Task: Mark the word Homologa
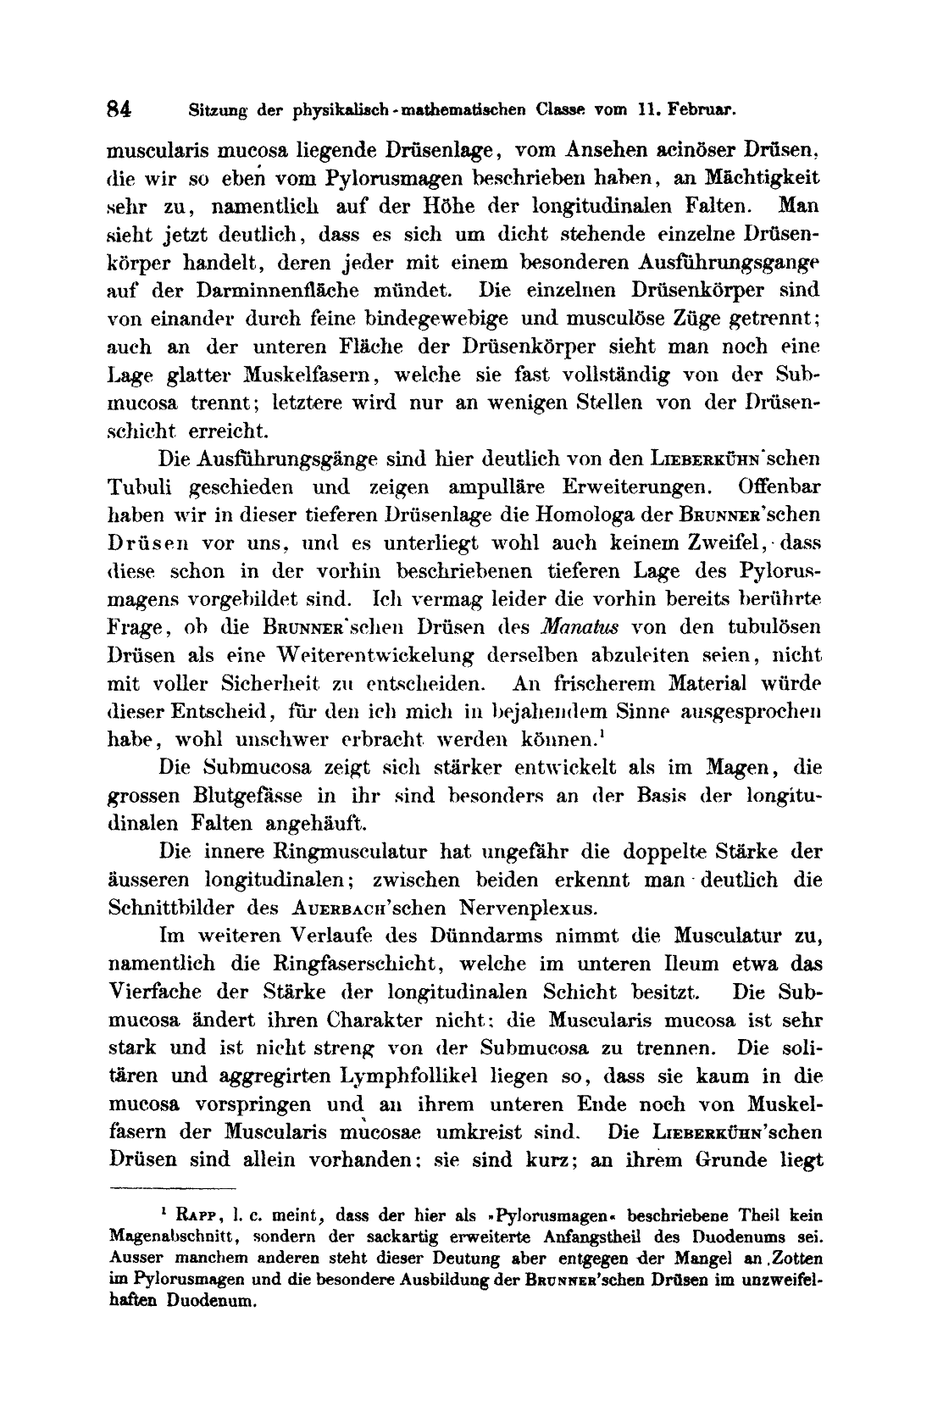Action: click(557, 515)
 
